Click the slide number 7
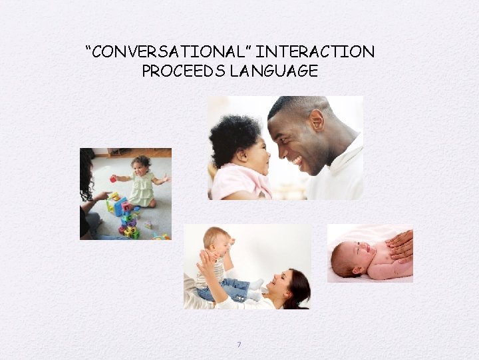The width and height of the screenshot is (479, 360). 239,345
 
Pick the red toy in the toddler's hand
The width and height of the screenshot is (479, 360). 113,179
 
